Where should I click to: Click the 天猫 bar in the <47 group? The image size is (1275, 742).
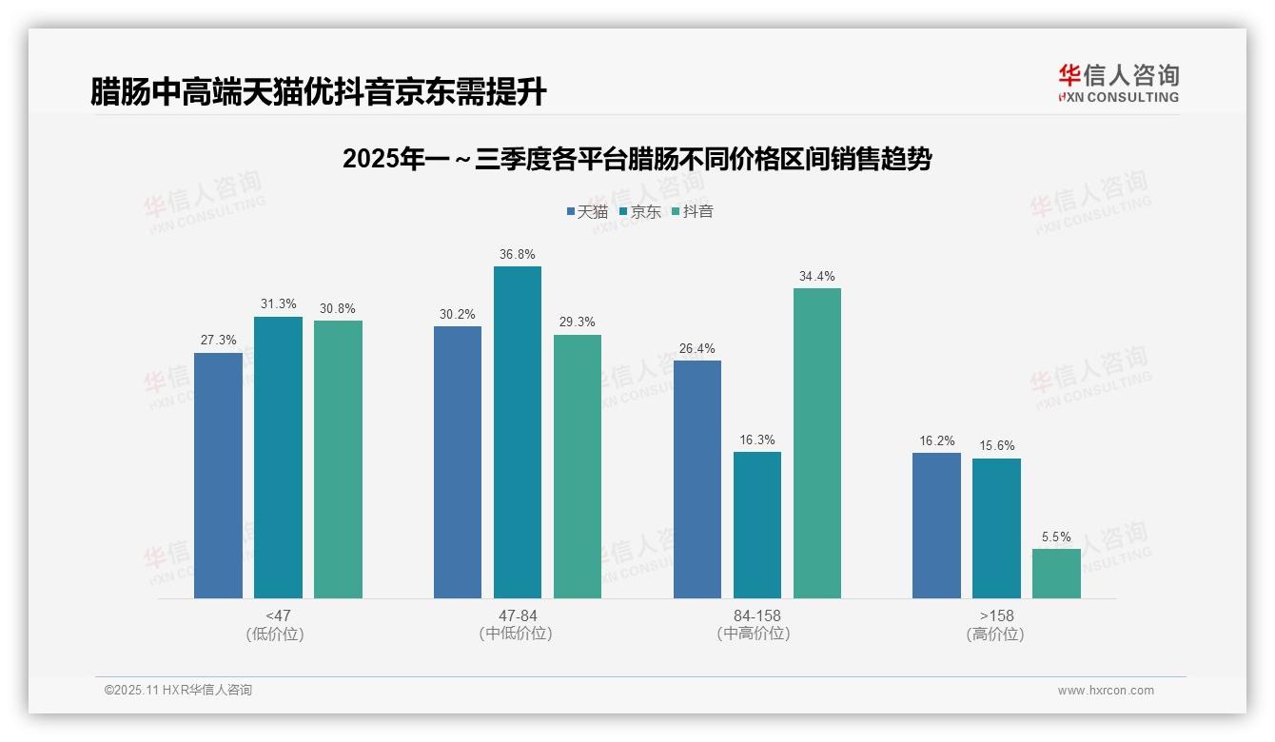(218, 476)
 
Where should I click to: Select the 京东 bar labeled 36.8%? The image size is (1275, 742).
(517, 433)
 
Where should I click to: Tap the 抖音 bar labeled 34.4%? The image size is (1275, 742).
(816, 443)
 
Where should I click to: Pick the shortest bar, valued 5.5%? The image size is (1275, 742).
(1056, 574)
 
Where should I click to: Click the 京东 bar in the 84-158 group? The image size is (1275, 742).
(756, 525)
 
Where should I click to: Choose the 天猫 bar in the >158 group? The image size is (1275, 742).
(936, 525)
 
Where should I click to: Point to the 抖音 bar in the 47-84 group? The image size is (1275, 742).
(577, 466)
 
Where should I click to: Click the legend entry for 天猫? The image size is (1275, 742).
(587, 212)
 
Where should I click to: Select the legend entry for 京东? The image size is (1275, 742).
(640, 212)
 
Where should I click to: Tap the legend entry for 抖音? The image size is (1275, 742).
(693, 212)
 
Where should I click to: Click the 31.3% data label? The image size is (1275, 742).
(278, 304)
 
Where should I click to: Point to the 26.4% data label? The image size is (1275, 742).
(696, 348)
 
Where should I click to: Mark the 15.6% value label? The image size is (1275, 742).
(996, 446)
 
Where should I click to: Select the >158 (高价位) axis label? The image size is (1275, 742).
(995, 624)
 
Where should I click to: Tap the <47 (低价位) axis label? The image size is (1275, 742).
(277, 624)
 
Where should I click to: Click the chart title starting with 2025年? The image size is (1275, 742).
(637, 159)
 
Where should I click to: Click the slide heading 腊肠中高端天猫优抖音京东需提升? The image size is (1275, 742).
(319, 92)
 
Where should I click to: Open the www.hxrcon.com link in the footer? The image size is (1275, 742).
(1106, 691)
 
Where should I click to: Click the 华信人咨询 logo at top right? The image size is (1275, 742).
(1118, 83)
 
